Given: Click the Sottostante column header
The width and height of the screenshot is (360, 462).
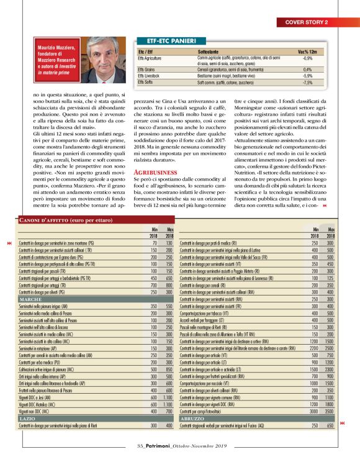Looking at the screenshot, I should tap(209, 51).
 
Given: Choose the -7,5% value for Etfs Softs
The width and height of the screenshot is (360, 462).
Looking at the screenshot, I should tap(307, 82).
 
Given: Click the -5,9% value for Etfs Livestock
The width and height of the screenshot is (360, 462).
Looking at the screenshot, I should tap(307, 76).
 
